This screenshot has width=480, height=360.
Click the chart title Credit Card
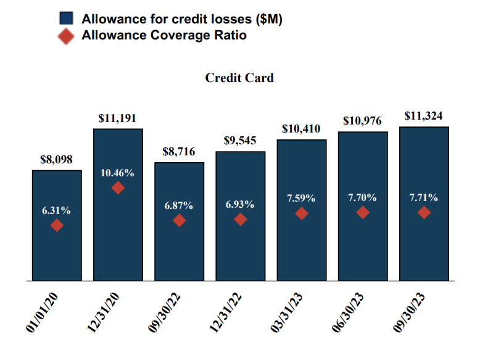[239, 78]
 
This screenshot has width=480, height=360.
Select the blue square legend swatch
[67, 19]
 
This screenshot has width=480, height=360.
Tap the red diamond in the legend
[67, 36]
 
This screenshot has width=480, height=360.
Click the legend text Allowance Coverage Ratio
[164, 36]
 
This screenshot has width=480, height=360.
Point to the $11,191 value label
[117, 118]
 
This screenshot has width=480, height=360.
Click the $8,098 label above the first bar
[56, 160]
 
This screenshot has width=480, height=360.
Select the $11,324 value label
[423, 116]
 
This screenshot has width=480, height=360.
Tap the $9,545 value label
[240, 141]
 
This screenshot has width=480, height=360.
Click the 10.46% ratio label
[117, 173]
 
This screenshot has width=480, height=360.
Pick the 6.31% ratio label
[56, 211]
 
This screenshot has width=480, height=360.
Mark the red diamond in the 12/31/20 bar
[118, 187]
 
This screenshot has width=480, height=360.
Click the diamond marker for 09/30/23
[424, 213]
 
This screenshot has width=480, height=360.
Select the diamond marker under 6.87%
[179, 220]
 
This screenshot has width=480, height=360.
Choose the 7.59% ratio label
[301, 198]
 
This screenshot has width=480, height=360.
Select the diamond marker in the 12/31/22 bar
[241, 219]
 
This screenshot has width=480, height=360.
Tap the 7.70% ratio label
[362, 198]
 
